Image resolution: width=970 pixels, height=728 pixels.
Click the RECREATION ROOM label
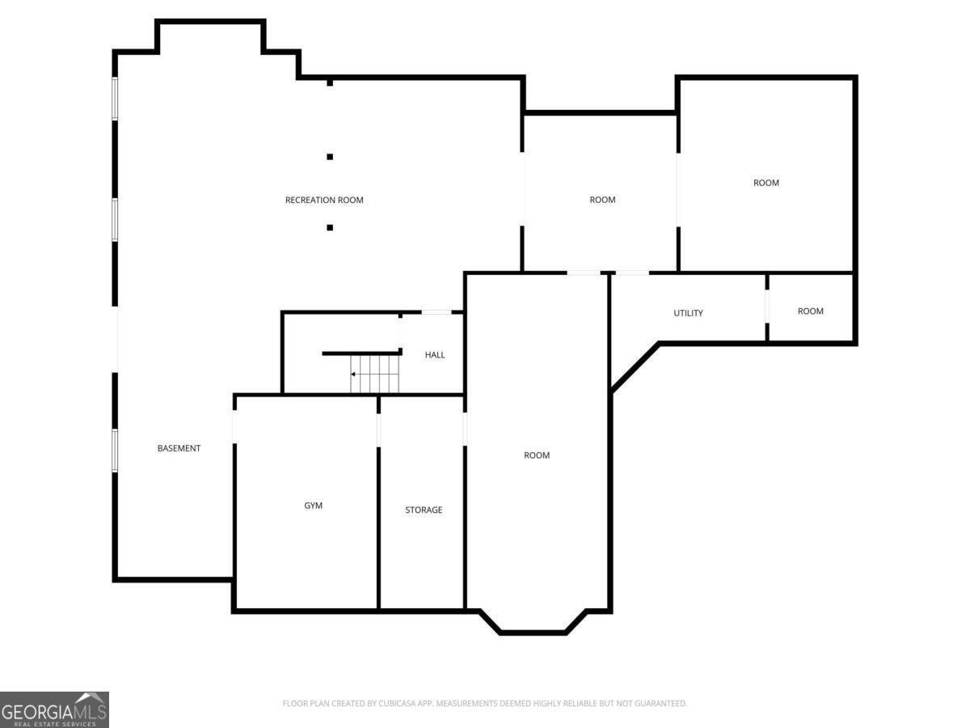tap(324, 201)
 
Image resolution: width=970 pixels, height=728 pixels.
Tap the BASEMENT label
tap(179, 448)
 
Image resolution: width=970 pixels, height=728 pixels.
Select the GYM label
tap(314, 506)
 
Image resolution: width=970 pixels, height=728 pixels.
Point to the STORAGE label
tap(424, 510)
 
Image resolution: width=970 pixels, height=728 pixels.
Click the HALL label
tap(435, 355)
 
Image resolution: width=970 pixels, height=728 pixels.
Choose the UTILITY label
tap(688, 313)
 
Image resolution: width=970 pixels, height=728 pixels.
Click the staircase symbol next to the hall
tap(375, 374)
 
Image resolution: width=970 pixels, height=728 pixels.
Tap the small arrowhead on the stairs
tap(353, 375)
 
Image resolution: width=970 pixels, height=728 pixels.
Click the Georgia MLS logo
tap(54, 709)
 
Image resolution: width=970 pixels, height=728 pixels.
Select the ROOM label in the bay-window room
tap(537, 455)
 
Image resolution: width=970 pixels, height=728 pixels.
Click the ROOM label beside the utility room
tap(811, 311)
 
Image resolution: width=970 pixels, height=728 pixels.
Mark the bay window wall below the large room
tap(533, 633)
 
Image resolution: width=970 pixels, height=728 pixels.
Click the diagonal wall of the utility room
tap(635, 366)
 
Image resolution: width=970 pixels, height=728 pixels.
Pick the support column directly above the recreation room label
tap(330, 157)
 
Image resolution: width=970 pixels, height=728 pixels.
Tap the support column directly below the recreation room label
tap(330, 227)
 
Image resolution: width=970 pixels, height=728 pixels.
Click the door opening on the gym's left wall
tap(234, 426)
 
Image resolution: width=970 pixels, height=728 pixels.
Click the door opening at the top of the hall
tap(436, 312)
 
